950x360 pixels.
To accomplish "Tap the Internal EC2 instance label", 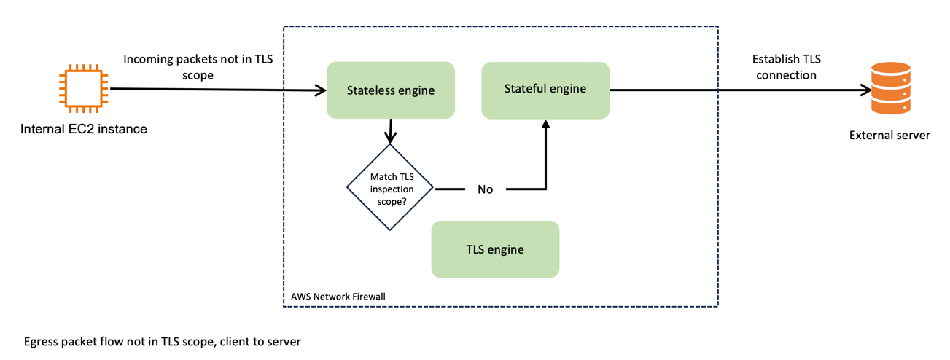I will pyautogui.click(x=84, y=129).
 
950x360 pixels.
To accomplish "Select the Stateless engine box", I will pyautogui.click(x=390, y=90).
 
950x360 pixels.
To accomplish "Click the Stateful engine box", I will pyautogui.click(x=545, y=90).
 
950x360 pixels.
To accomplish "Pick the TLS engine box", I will pyautogui.click(x=495, y=249).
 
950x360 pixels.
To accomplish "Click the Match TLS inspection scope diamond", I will pyautogui.click(x=389, y=187).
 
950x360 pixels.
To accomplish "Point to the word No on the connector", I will pyautogui.click(x=485, y=189).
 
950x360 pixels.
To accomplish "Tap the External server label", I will pyautogui.click(x=889, y=135).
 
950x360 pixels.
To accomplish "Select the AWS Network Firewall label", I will pyautogui.click(x=338, y=297).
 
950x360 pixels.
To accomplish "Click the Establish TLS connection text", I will pyautogui.click(x=787, y=67).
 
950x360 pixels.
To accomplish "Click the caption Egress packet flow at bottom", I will pyautogui.click(x=162, y=341).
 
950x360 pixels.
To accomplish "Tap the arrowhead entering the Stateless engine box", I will pyautogui.click(x=320, y=90).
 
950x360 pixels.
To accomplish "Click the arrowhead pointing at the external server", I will pyautogui.click(x=866, y=91).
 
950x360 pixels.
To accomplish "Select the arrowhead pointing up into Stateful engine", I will pyautogui.click(x=545, y=125).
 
